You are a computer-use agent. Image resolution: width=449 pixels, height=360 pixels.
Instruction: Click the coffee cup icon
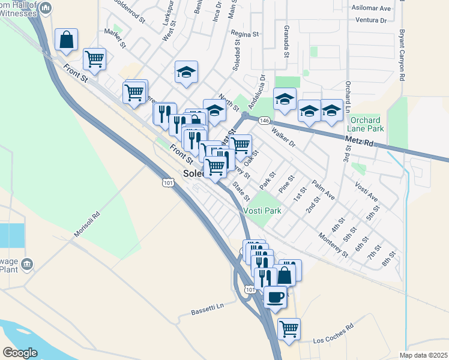click(x=275, y=296)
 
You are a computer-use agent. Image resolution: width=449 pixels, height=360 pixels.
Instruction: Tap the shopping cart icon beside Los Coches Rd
click(x=289, y=328)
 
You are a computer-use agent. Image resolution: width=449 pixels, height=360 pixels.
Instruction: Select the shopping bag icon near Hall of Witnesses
click(x=66, y=40)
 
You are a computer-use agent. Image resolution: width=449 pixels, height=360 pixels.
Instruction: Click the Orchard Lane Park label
click(x=366, y=124)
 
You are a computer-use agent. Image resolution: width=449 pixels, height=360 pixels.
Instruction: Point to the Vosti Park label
click(x=262, y=211)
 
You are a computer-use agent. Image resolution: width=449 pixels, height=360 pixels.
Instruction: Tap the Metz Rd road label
click(x=360, y=142)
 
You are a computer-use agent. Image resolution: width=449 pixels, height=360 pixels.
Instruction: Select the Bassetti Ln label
click(x=207, y=308)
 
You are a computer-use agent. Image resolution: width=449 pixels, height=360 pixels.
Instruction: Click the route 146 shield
click(x=264, y=121)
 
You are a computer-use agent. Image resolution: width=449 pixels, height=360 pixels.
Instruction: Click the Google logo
click(x=20, y=352)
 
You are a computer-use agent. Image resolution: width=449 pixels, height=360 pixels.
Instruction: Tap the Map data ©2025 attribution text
click(x=423, y=355)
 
